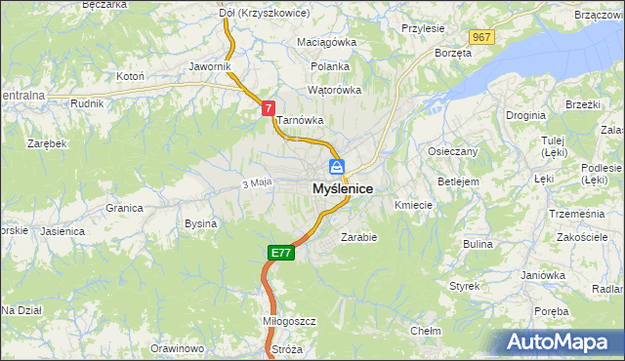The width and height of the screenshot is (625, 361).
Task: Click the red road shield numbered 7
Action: click(x=268, y=110)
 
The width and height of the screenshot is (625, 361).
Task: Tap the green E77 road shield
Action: click(x=280, y=253)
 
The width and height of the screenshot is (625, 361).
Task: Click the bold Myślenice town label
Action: click(x=342, y=188)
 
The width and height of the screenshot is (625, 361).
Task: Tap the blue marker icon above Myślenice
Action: click(x=337, y=167)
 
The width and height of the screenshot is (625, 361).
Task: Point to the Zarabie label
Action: click(x=358, y=237)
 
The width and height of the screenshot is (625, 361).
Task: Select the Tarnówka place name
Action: click(x=299, y=121)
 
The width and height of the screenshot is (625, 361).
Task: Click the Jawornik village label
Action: click(x=210, y=67)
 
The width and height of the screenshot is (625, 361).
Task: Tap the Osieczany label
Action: click(x=452, y=152)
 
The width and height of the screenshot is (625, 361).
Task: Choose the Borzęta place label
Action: click(x=453, y=53)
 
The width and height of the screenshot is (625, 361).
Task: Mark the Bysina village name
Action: click(x=200, y=223)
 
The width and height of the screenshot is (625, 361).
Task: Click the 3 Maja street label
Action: click(x=255, y=183)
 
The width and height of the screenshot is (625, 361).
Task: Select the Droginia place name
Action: click(x=525, y=115)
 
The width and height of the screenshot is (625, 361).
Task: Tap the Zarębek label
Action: click(x=47, y=143)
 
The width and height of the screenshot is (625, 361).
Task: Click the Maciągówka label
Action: click(x=327, y=43)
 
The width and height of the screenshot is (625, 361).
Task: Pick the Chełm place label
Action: click(x=425, y=331)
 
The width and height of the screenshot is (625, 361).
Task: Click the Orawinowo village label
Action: click(x=177, y=348)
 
